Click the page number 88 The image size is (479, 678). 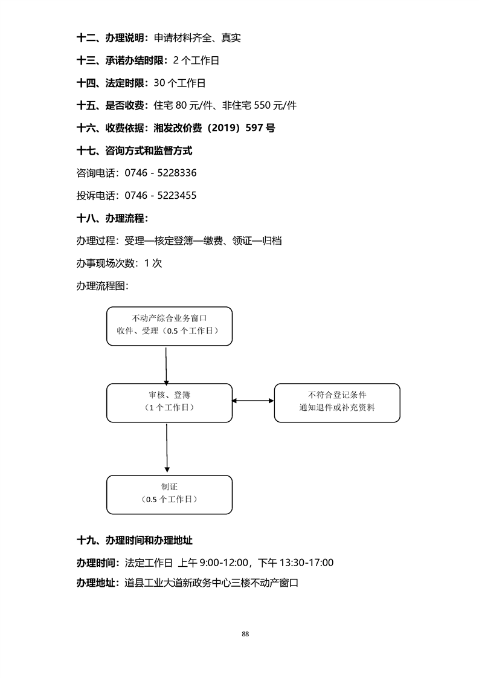(x=245, y=634)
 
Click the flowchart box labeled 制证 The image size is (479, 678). (x=169, y=494)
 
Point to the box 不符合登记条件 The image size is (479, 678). (x=336, y=402)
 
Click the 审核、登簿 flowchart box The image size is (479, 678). (x=169, y=402)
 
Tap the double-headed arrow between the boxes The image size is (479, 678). (x=253, y=401)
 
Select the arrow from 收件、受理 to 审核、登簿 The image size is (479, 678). (x=166, y=364)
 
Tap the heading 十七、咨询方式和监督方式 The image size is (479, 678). (x=135, y=150)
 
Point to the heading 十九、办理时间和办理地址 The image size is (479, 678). (x=135, y=540)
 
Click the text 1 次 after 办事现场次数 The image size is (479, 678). (x=153, y=263)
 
